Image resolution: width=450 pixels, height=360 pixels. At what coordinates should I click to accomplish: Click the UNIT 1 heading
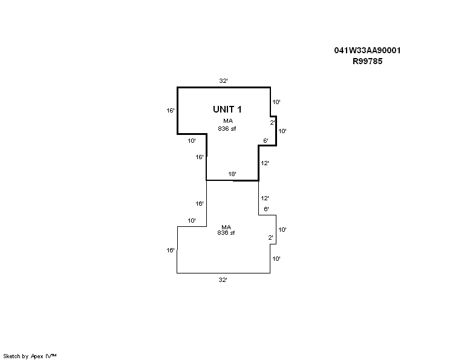[227, 110]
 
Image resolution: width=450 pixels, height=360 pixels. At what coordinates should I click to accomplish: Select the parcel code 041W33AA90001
[367, 50]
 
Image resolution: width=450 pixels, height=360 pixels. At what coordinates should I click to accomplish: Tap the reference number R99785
[367, 61]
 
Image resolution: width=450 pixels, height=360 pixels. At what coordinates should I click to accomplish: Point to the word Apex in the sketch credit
[37, 356]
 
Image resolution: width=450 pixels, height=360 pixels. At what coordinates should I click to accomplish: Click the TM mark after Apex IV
[54, 355]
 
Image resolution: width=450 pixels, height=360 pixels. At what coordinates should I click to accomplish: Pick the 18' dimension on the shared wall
[232, 174]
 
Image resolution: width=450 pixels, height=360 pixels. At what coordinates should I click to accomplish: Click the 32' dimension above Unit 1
[223, 81]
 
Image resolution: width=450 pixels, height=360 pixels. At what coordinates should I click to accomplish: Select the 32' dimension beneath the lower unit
[223, 280]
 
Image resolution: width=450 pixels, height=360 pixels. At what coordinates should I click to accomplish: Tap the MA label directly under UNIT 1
[228, 121]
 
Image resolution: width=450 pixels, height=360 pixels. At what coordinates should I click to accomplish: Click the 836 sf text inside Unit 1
[227, 129]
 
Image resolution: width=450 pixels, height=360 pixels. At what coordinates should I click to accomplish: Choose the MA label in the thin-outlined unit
[226, 227]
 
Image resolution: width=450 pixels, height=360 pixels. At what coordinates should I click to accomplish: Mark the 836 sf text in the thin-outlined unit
[226, 233]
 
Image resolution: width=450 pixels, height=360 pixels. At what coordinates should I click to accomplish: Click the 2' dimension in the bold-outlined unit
[272, 123]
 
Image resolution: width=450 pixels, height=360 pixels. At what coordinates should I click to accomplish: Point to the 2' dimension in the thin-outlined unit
[270, 237]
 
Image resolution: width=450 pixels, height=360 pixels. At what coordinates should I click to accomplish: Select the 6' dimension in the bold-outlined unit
[266, 140]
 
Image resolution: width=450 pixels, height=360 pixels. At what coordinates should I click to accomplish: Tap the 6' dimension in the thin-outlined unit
[266, 209]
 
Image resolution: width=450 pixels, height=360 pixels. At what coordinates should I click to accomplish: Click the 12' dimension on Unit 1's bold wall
[264, 163]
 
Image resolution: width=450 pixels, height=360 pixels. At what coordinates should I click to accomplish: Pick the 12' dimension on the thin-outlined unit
[264, 198]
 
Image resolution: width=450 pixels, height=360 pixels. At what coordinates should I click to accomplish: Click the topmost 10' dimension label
[276, 102]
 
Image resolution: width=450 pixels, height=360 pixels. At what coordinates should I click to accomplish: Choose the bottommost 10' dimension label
[276, 259]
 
